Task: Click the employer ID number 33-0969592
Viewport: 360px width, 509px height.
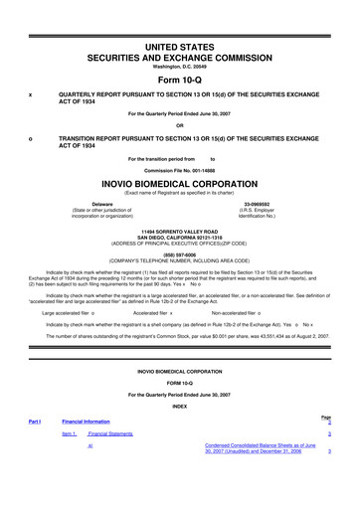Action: [265, 204]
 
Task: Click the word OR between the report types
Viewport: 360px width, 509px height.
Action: [179, 124]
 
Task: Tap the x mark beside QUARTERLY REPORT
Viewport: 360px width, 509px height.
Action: [31, 95]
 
